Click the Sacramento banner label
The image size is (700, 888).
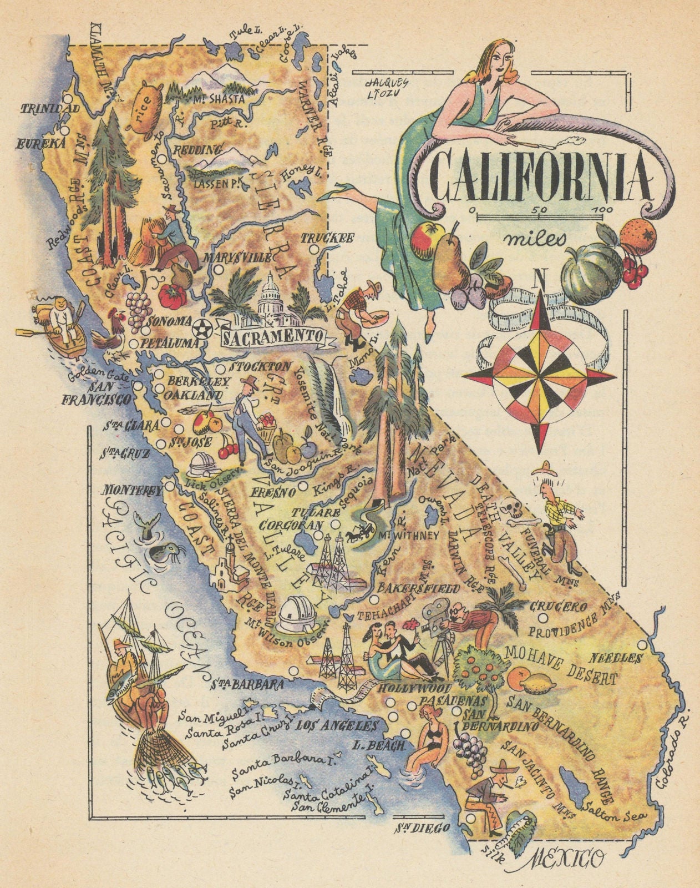[272, 336]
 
